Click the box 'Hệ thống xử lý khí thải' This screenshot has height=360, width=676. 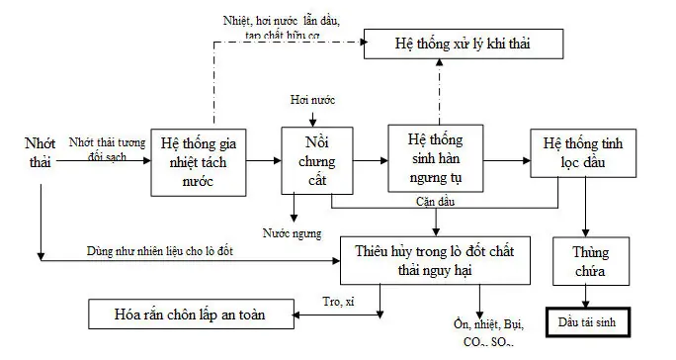[464, 44]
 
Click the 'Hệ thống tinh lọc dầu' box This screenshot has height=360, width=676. [582, 152]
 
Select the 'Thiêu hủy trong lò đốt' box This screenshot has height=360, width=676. [435, 255]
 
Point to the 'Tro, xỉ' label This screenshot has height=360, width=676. [340, 302]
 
